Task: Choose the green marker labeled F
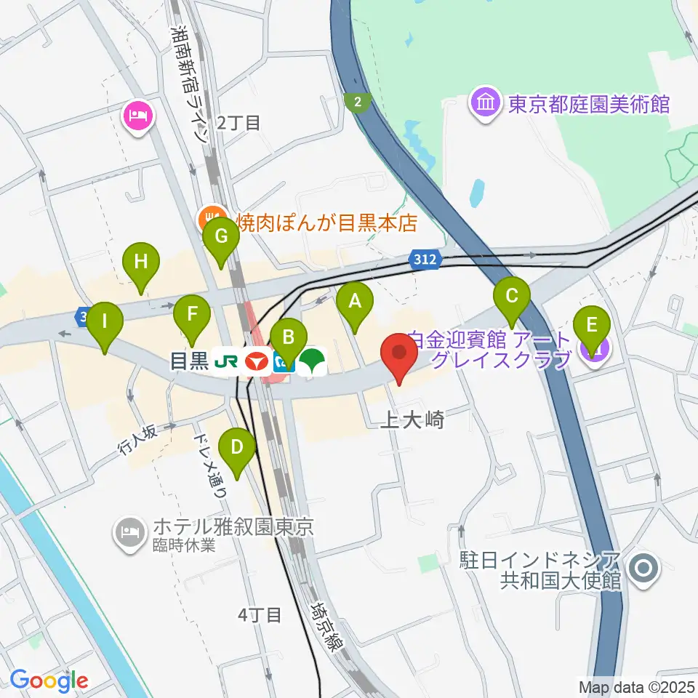(x=193, y=315)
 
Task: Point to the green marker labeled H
(x=141, y=261)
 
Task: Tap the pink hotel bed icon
(x=138, y=115)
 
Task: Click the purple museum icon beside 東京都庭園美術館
(x=484, y=104)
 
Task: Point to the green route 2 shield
(x=357, y=103)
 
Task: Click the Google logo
(x=49, y=681)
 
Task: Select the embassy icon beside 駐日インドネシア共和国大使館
(x=643, y=569)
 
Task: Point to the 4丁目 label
(x=260, y=615)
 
